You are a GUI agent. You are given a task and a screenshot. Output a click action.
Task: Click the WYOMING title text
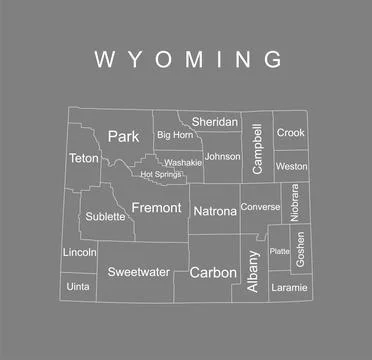point(187,59)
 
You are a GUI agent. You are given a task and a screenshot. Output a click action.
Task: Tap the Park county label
point(123,136)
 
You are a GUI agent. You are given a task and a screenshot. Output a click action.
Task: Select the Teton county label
point(82,158)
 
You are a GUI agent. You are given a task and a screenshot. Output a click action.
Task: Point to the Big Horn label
point(174,134)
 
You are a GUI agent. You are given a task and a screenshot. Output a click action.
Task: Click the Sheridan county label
point(215,122)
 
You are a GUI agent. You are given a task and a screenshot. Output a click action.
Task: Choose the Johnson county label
point(222,156)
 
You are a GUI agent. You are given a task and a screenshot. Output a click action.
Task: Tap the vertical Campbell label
point(258,148)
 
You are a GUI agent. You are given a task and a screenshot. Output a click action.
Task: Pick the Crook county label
point(291,132)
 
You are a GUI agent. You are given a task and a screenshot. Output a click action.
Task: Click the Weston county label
point(291,166)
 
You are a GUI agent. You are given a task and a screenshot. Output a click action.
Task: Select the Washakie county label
point(183,162)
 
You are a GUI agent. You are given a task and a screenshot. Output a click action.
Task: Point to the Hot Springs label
point(161,174)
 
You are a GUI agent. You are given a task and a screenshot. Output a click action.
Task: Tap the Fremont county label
point(156,208)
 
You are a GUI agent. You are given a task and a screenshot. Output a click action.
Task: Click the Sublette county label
point(105,215)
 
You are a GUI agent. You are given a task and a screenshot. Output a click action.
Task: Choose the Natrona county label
point(214,211)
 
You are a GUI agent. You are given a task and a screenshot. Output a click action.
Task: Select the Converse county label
point(261,207)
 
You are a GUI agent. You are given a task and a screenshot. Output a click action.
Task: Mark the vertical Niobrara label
point(295,203)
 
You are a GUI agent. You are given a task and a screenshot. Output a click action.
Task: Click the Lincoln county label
point(79,252)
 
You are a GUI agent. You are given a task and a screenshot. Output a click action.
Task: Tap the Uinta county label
point(77,286)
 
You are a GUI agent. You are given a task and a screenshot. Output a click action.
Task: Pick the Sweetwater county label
point(138,271)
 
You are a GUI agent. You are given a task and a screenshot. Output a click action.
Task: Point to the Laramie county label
point(289,287)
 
